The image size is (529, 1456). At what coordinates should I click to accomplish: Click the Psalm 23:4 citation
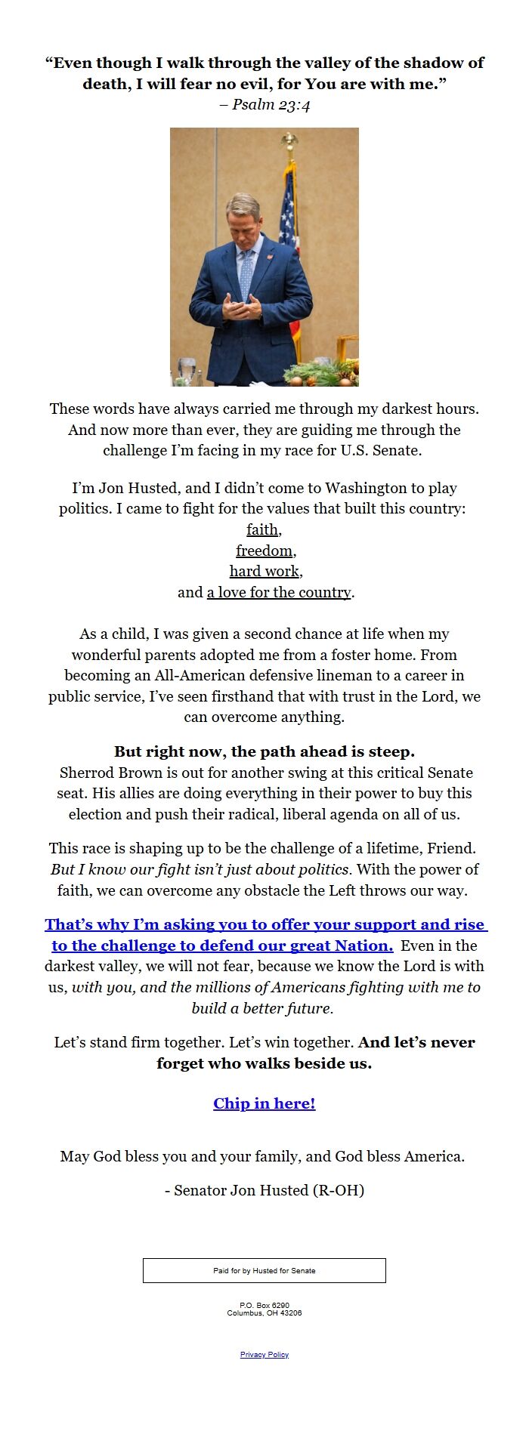coord(264,104)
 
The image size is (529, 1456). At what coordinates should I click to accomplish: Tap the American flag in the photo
coord(289,219)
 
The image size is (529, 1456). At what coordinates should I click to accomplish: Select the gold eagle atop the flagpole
coord(289,140)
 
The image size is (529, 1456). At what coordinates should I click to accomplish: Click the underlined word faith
coord(262,529)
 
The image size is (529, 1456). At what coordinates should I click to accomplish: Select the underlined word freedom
coord(264,551)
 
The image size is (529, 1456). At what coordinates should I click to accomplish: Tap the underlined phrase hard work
coord(264,571)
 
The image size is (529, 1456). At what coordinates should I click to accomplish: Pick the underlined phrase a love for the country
coord(279,592)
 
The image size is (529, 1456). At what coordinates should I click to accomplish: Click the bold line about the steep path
coord(264,751)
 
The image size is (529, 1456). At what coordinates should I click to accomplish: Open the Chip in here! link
coord(264,1103)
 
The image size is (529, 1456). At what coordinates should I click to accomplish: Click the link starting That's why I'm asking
coord(264,925)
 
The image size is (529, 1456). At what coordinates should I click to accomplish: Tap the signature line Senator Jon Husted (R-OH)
coord(264,1190)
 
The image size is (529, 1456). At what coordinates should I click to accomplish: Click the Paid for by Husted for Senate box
coord(264,1270)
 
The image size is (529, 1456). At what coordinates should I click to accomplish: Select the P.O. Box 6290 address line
coord(264,1305)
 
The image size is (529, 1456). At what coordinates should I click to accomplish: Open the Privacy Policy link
coord(264,1354)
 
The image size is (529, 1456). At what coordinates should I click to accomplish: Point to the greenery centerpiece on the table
coord(317,373)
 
